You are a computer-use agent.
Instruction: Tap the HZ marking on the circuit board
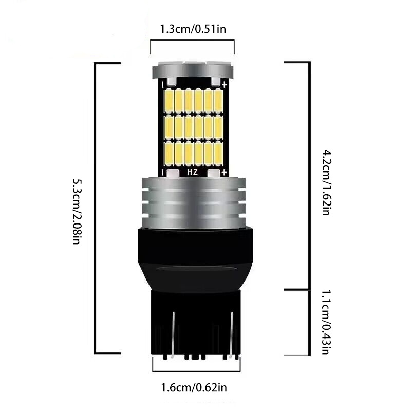tap(193, 172)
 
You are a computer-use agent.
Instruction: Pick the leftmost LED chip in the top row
tap(169, 100)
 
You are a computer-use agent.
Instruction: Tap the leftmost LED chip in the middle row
tap(169, 126)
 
